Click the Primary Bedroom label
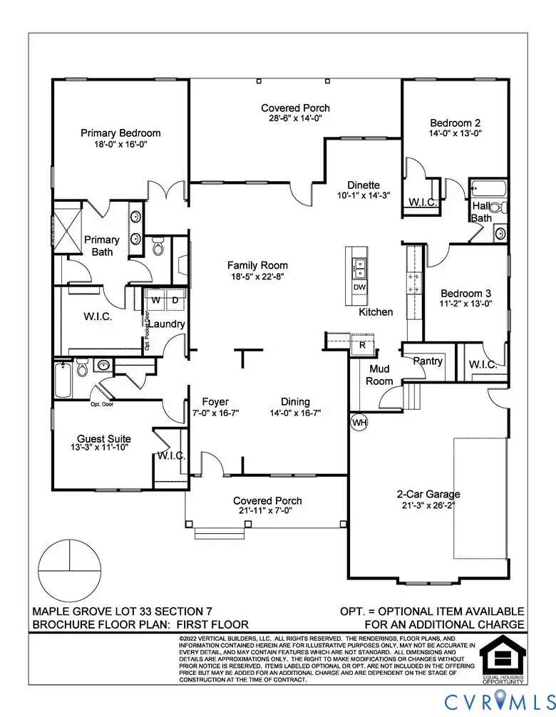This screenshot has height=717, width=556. tap(120, 133)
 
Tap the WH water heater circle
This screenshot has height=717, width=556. tap(360, 422)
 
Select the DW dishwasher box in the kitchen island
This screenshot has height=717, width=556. tap(360, 287)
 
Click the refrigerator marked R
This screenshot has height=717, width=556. tap(362, 344)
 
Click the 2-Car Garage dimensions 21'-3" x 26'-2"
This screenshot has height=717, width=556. tap(428, 505)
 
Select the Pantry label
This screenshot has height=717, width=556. tap(428, 361)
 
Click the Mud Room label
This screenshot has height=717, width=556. tap(380, 375)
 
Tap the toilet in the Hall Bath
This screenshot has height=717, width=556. tap(501, 207)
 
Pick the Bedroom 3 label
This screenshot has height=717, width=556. tap(465, 293)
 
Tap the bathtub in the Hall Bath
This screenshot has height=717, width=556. tap(488, 190)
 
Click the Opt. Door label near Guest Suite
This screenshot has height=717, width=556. tap(102, 405)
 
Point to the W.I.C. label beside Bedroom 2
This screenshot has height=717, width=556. tap(423, 202)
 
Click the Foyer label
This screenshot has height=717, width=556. tap(215, 401)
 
